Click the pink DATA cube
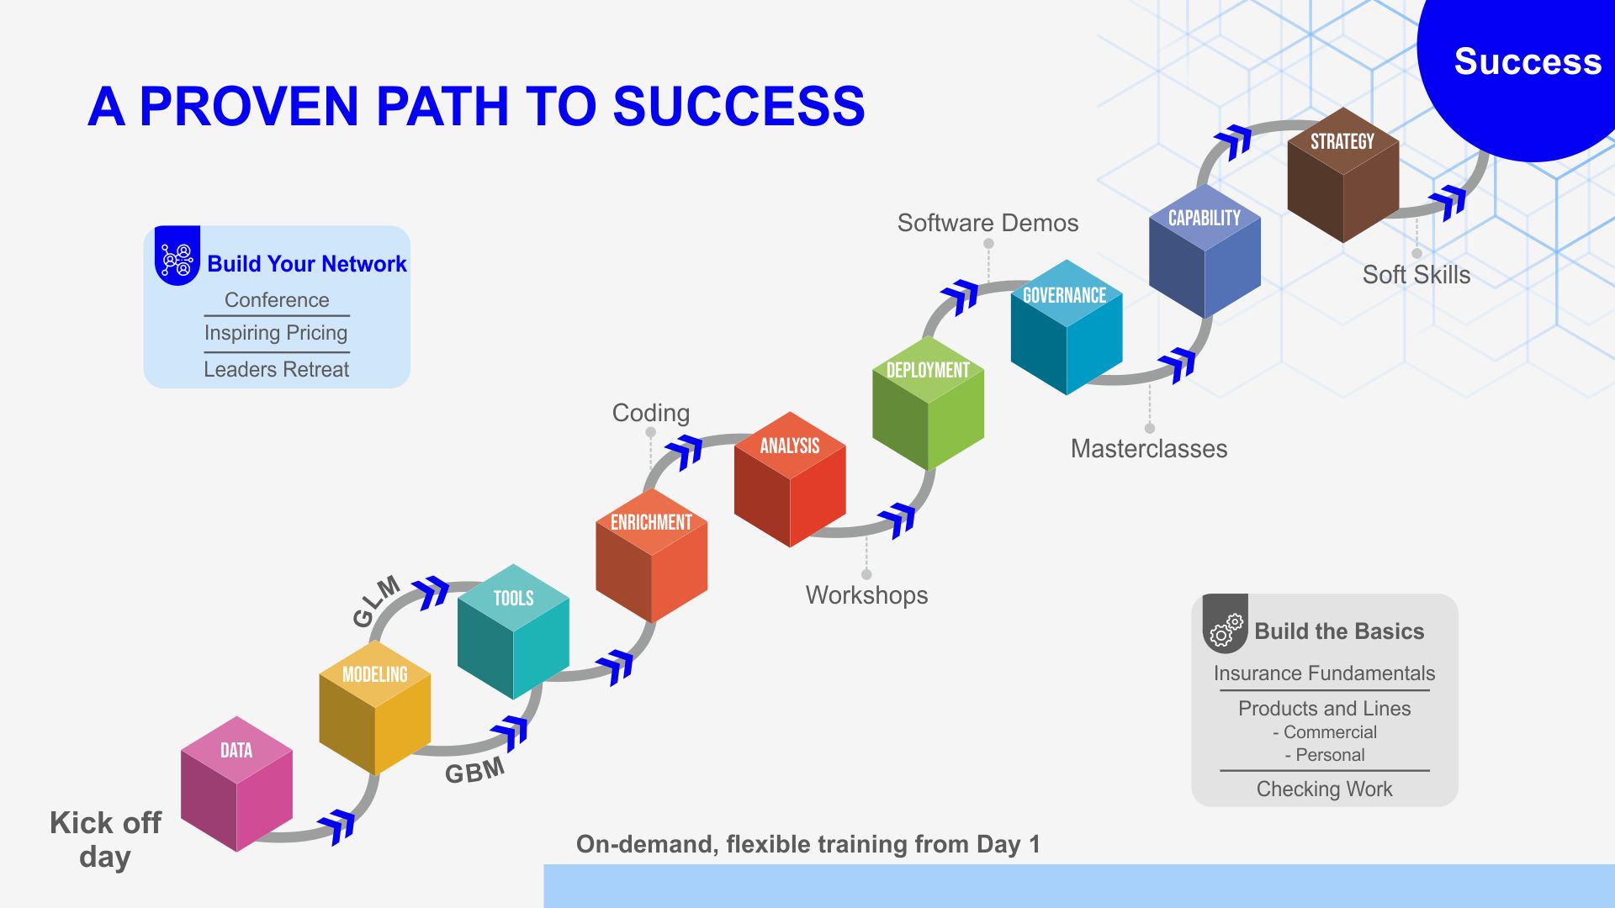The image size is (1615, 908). [236, 784]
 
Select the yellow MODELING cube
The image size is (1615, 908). [374, 708]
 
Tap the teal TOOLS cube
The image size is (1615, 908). [513, 631]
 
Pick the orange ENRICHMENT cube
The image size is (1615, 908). [651, 556]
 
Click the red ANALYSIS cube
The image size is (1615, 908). [790, 479]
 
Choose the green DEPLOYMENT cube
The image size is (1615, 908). [928, 404]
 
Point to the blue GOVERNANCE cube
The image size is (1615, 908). [1066, 328]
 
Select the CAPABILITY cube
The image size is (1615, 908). [1205, 251]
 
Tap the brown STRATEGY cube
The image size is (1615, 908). [1342, 175]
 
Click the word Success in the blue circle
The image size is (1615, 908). [1528, 61]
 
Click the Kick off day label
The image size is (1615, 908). [105, 839]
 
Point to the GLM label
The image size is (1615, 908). [375, 602]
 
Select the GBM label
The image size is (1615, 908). [474, 770]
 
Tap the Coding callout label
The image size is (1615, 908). [650, 413]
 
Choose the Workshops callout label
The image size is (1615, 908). [866, 595]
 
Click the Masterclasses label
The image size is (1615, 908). [1148, 449]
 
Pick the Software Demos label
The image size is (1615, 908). [988, 223]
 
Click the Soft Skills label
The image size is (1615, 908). [1416, 275]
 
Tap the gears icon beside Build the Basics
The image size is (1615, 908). [1226, 629]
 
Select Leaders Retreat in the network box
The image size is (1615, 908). [276, 369]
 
